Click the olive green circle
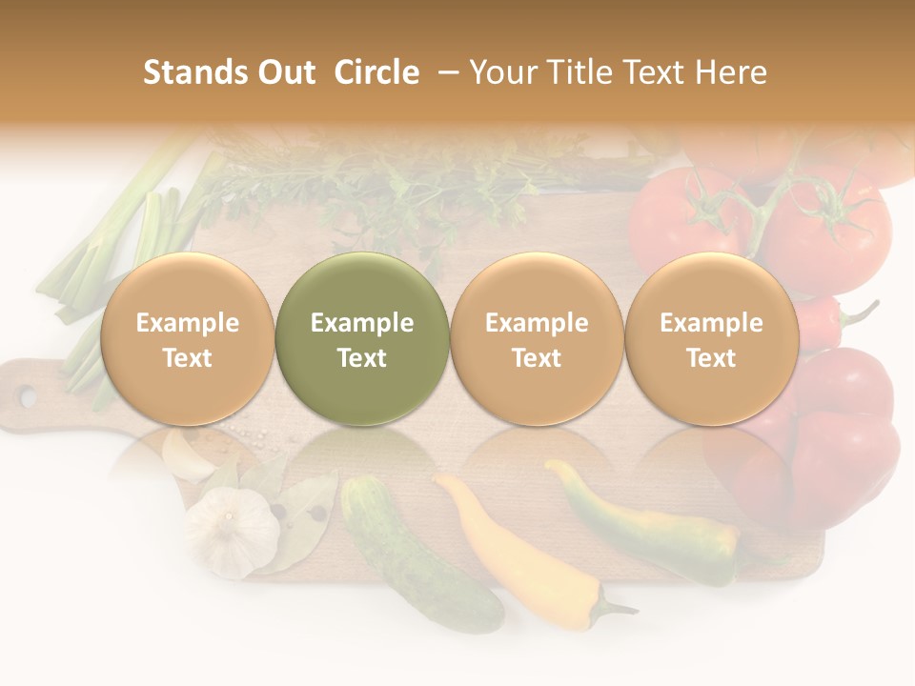click(361, 338)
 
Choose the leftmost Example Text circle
click(187, 338)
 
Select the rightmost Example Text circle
click(711, 338)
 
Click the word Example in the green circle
click(361, 323)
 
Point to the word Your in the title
click(499, 72)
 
